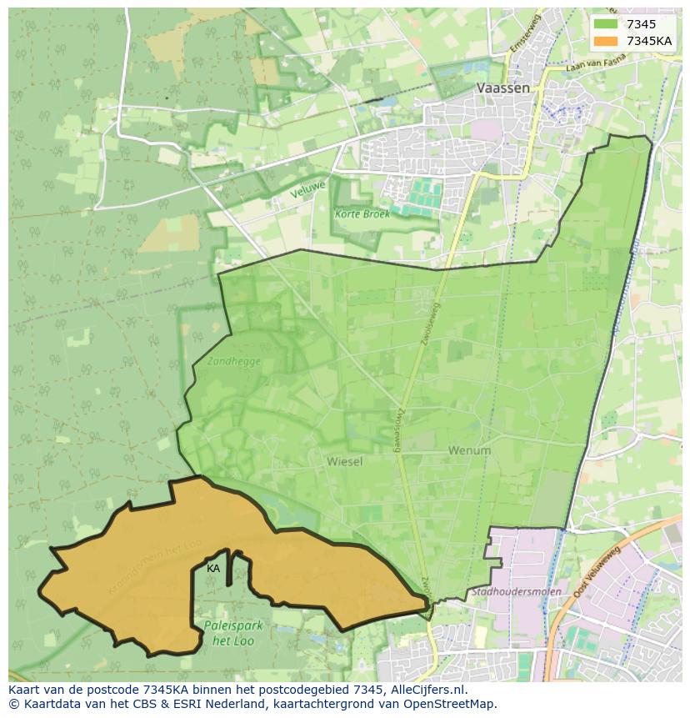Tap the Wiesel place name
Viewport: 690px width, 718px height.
coord(344,461)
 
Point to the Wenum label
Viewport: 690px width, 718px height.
coord(469,450)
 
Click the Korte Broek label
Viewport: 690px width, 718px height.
coord(362,213)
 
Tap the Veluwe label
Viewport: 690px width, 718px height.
coord(307,188)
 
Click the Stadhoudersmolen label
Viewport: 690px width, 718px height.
coord(508,592)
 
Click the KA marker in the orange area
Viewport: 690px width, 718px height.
coord(213,568)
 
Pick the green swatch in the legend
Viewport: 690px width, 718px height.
coord(606,24)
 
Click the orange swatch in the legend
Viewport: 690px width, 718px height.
coord(606,41)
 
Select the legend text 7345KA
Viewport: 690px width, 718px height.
coord(649,41)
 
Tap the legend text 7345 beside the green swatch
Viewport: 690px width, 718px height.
coord(641,24)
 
